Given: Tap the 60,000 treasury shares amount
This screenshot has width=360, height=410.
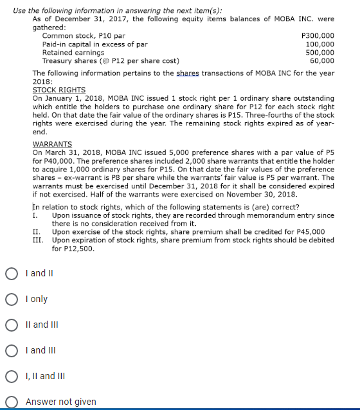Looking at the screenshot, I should [x=321, y=61].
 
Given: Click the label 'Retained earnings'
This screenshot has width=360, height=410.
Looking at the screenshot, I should [x=73, y=53].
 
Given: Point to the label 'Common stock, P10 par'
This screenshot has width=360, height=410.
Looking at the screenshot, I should [x=84, y=36].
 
